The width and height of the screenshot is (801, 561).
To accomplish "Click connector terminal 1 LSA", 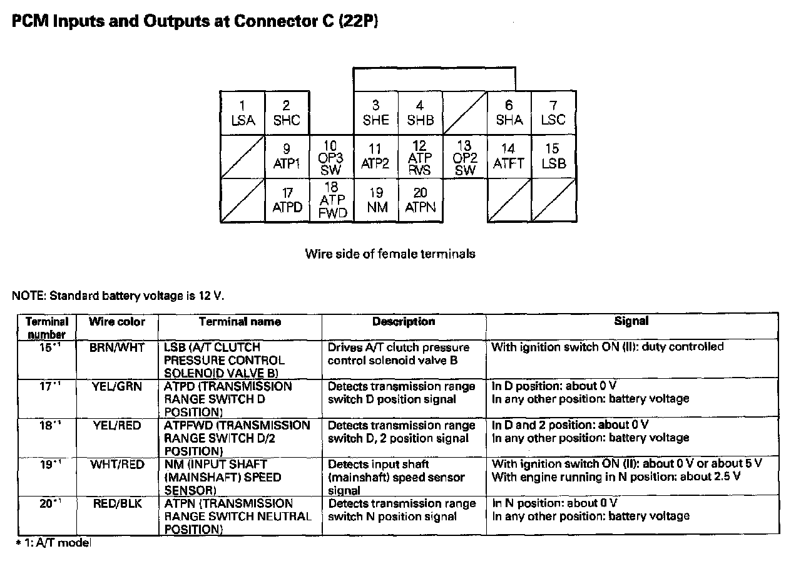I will pyautogui.click(x=243, y=113).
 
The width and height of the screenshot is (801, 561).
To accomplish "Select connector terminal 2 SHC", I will pyautogui.click(x=287, y=113).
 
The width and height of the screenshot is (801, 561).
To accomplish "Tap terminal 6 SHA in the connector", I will pyautogui.click(x=509, y=113).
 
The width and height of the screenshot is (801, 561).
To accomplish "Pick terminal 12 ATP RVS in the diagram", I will pyautogui.click(x=420, y=157).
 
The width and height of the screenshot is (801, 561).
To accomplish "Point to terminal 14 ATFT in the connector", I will pyautogui.click(x=509, y=157).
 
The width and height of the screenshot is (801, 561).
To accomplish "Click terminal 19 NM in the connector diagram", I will pyautogui.click(x=376, y=200).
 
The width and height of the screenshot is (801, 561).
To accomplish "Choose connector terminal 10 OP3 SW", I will pyautogui.click(x=331, y=157).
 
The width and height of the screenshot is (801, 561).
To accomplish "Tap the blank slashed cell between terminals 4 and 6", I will pyautogui.click(x=464, y=113).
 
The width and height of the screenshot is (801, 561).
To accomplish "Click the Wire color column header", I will pyautogui.click(x=116, y=322).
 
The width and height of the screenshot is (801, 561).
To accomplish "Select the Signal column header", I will pyautogui.click(x=632, y=321).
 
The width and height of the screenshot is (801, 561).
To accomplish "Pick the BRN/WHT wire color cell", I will pyautogui.click(x=116, y=347).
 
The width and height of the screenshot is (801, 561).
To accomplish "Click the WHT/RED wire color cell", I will pyautogui.click(x=116, y=465).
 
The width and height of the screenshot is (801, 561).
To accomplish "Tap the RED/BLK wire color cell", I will pyautogui.click(x=116, y=503).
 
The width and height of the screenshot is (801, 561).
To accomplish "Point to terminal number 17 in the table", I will pyautogui.click(x=45, y=386).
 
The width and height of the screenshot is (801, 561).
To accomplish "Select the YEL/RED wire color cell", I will pyautogui.click(x=116, y=426).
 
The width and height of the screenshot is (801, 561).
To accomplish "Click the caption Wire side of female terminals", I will pyautogui.click(x=390, y=254).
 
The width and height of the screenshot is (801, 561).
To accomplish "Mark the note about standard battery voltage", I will pyautogui.click(x=118, y=296).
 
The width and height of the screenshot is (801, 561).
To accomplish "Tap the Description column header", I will pyautogui.click(x=404, y=322).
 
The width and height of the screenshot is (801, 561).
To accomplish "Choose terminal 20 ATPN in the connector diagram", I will pyautogui.click(x=420, y=200).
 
